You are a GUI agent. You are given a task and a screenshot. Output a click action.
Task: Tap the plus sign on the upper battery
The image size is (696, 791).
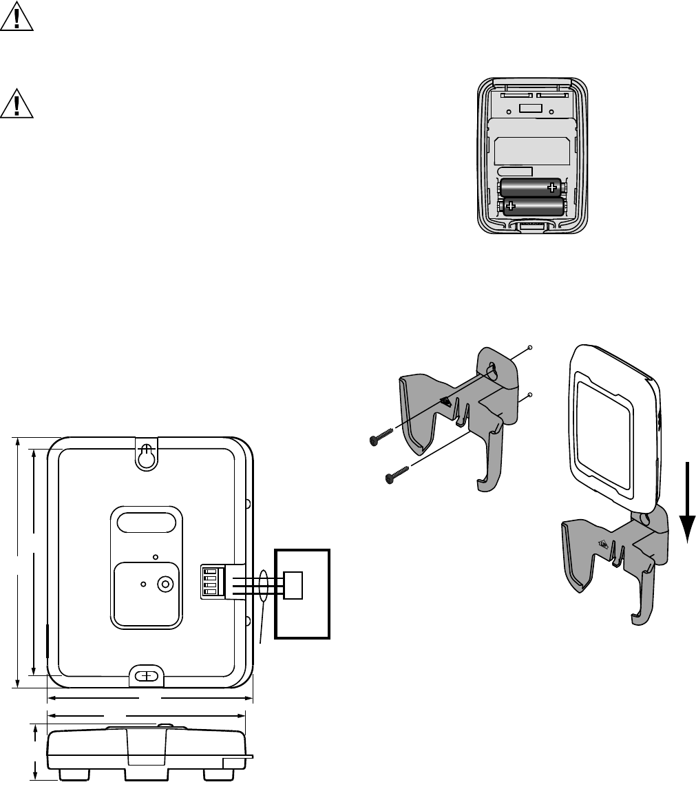click(551, 187)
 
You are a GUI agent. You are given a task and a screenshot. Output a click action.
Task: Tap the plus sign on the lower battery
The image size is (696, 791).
click(511, 205)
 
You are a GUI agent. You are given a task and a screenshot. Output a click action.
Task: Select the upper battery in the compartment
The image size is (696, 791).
click(531, 187)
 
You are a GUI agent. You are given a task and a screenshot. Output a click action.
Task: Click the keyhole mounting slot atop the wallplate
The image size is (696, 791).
click(145, 456)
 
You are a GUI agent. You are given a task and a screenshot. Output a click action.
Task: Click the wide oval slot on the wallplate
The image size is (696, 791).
click(146, 522)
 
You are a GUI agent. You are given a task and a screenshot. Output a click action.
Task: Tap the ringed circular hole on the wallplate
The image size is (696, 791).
click(165, 584)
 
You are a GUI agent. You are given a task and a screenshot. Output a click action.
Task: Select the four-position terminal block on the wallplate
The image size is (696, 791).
click(208, 580)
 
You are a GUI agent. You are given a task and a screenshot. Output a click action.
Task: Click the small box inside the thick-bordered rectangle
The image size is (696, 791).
click(293, 584)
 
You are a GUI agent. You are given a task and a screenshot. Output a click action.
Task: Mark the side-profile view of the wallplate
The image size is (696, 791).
click(146, 752)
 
